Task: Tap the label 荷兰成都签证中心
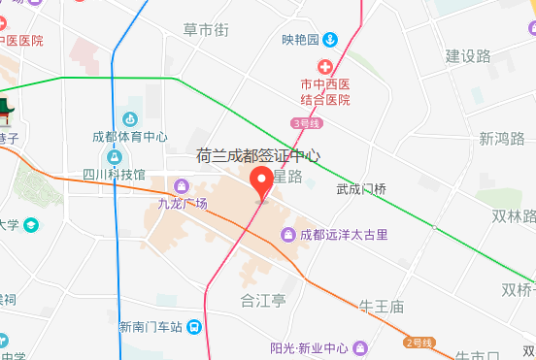258,155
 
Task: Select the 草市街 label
206,31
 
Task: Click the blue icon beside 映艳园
330,39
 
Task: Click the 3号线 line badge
305,122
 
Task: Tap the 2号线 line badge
419,343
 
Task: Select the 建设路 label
468,55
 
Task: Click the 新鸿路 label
501,139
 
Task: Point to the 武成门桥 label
361,189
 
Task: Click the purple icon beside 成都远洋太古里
287,235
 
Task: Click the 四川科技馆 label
114,175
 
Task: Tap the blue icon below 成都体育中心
115,156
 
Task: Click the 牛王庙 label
381,307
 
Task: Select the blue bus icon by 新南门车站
195,327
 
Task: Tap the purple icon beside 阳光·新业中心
361,346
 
